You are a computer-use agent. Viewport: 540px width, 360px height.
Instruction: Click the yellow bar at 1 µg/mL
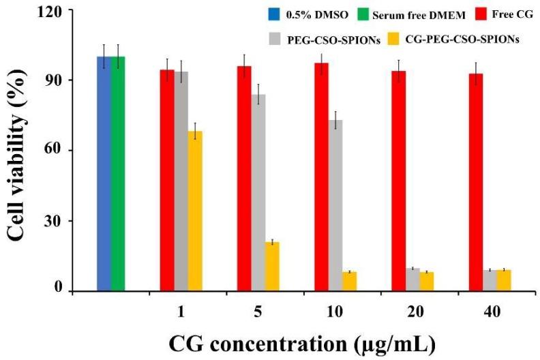click(x=196, y=211)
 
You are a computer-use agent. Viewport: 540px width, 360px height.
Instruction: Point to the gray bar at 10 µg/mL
click(x=335, y=205)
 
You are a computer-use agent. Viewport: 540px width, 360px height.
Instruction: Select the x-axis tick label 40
click(x=484, y=311)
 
